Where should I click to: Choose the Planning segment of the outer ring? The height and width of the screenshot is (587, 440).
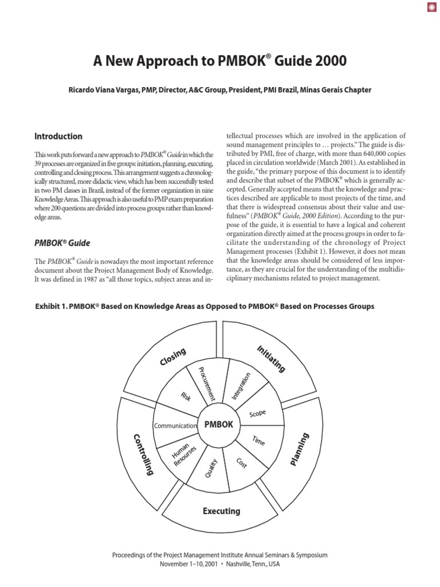point(299,449)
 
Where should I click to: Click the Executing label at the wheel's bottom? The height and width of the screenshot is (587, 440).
point(221,510)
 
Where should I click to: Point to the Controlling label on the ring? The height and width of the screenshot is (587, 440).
point(144,454)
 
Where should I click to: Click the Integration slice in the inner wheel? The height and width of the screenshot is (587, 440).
point(241,386)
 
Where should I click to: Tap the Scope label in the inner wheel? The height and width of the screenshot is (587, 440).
point(257,413)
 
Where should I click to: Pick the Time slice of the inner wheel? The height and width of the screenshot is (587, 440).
point(258,441)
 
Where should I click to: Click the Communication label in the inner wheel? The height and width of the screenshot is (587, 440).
point(175,425)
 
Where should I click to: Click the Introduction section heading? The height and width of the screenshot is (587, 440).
point(58,136)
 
